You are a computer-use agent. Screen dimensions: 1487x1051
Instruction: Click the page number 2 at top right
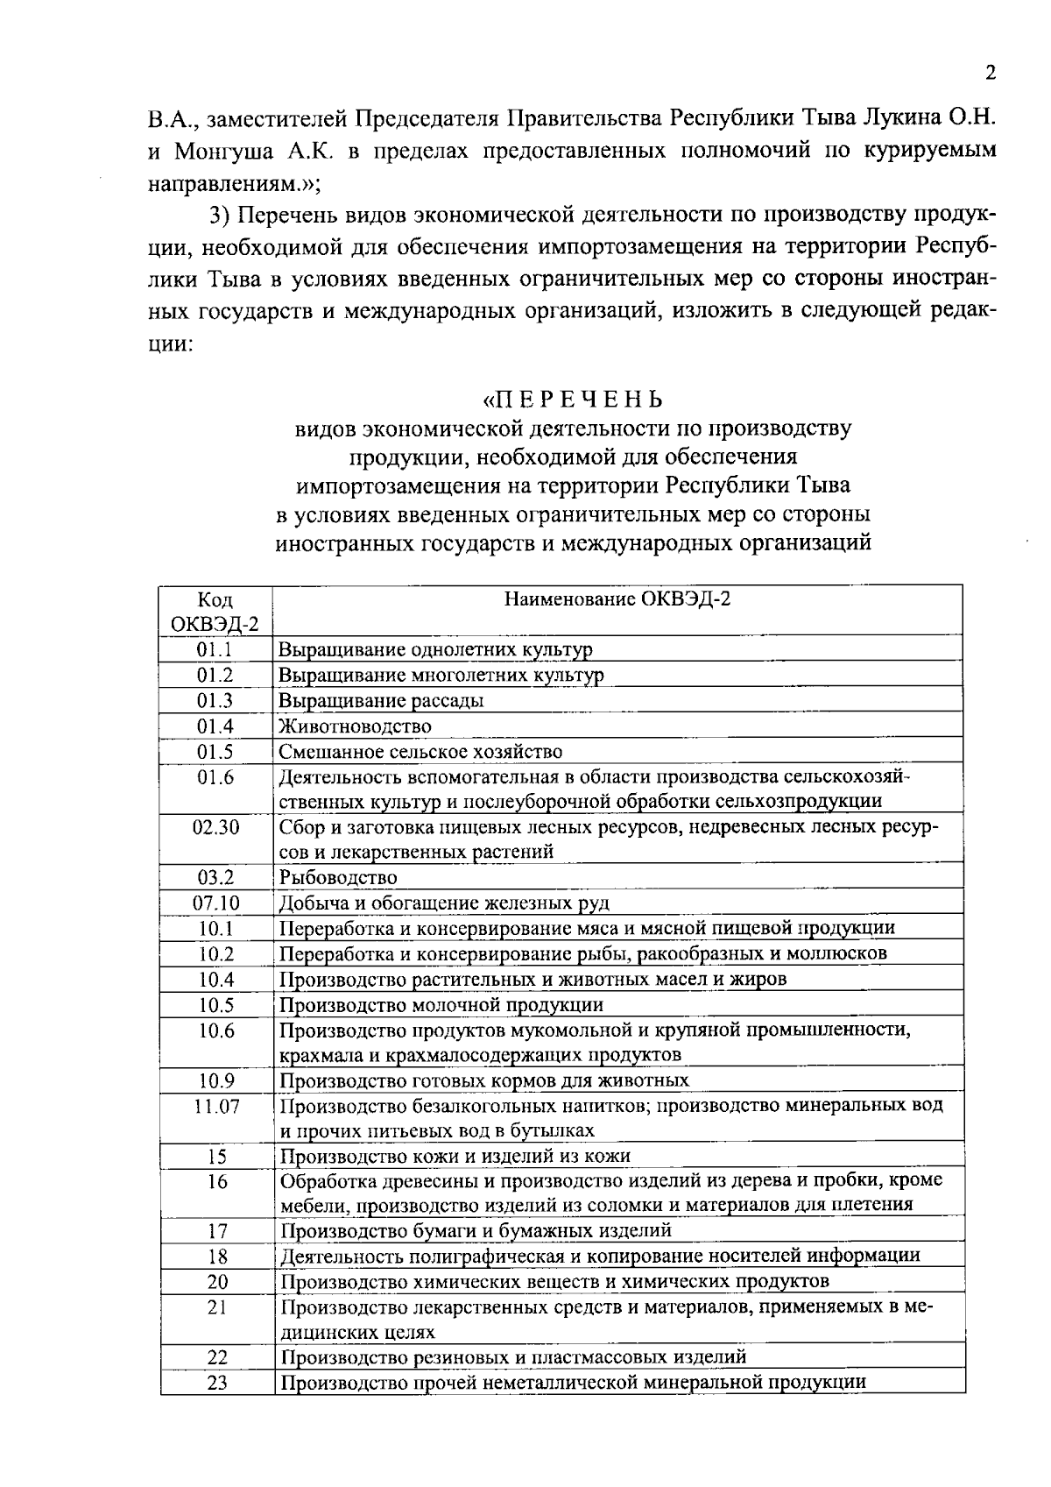[x=990, y=72]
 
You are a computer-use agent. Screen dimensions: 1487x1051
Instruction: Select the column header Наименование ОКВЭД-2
[x=617, y=599]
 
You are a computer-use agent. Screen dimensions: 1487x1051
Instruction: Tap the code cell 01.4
[x=215, y=726]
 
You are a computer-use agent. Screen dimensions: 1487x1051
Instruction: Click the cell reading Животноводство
[x=355, y=726]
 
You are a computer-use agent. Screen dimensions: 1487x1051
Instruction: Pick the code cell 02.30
[x=215, y=827]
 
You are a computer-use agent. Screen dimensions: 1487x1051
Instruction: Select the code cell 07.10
[x=215, y=903]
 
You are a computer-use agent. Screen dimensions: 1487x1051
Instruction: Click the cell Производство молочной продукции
[x=441, y=1004]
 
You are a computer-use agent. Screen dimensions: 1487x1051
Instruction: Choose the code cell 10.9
[x=215, y=1080]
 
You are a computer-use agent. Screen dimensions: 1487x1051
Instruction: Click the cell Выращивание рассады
[x=381, y=700]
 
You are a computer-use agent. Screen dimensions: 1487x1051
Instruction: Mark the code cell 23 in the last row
[x=216, y=1384]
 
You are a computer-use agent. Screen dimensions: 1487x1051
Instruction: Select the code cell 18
[x=216, y=1256]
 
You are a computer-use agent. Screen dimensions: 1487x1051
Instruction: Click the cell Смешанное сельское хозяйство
[x=420, y=752]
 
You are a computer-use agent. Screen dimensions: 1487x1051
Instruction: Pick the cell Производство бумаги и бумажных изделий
[x=476, y=1231]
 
